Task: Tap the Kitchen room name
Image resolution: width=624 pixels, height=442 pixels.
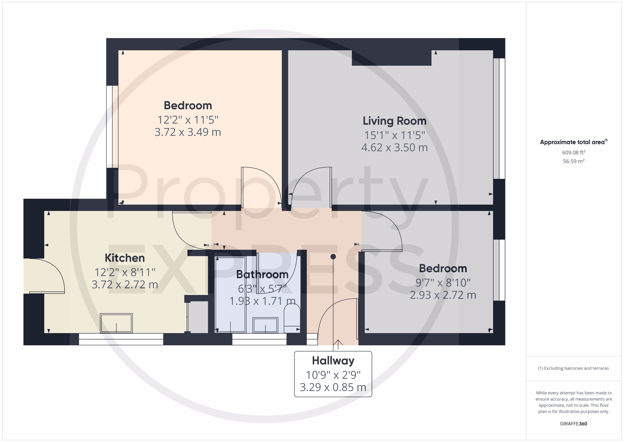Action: click(x=125, y=258)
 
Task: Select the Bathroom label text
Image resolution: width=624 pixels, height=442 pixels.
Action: click(x=262, y=274)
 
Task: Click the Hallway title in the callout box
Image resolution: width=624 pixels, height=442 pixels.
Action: click(x=333, y=361)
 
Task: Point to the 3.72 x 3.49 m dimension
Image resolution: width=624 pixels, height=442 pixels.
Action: click(x=188, y=132)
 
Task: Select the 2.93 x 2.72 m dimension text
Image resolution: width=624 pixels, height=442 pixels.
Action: click(x=443, y=295)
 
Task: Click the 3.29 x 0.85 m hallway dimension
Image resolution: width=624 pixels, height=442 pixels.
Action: click(x=333, y=387)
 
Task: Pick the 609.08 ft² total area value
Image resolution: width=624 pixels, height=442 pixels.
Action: click(x=574, y=152)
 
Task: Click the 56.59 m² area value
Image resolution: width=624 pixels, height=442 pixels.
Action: click(x=574, y=161)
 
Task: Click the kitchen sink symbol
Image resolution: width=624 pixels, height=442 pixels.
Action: click(x=116, y=323)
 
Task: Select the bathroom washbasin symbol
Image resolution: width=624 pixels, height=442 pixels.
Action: click(x=265, y=325)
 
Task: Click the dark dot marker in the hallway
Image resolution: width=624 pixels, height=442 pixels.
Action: click(x=333, y=257)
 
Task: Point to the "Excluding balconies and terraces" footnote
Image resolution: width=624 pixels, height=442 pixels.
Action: click(x=573, y=368)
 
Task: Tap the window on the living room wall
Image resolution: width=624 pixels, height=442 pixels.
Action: click(x=499, y=118)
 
